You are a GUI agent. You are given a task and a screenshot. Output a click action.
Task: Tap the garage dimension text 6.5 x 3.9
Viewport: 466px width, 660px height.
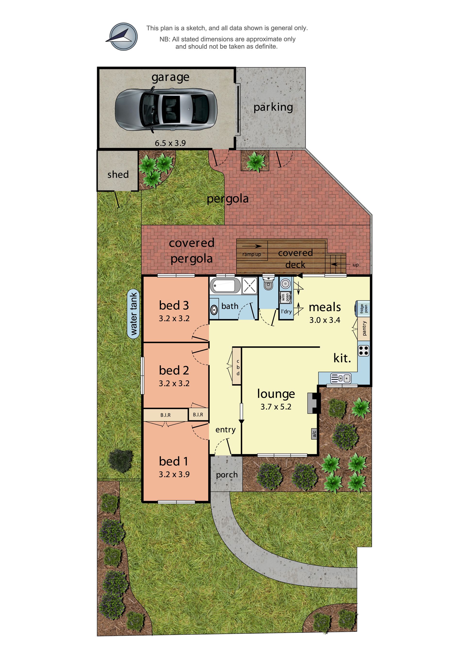point(170,143)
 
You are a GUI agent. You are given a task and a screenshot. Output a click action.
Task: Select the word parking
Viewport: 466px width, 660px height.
point(273,107)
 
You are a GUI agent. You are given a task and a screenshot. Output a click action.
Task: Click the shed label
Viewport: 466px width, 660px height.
point(118,174)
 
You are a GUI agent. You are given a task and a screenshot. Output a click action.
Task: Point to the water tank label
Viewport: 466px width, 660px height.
point(133,314)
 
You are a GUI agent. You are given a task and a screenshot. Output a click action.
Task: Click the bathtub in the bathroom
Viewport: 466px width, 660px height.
point(225,286)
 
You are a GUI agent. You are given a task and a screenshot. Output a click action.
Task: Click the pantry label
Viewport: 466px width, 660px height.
point(364,329)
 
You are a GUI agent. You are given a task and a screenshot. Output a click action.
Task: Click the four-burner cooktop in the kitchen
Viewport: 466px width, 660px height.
point(364,351)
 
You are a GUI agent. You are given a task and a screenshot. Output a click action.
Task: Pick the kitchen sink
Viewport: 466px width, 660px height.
point(341,378)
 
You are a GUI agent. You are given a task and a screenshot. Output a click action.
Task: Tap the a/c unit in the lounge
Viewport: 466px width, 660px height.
point(314,434)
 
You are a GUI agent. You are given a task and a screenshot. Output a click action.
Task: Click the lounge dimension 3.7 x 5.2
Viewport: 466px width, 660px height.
point(276,407)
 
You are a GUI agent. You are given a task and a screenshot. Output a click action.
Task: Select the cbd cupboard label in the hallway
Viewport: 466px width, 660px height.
point(238,367)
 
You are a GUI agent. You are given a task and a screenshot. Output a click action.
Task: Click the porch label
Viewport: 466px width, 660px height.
point(227,475)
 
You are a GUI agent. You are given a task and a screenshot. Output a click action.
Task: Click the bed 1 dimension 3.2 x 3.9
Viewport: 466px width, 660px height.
point(174,474)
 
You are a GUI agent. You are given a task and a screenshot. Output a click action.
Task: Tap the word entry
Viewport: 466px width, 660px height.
point(225,430)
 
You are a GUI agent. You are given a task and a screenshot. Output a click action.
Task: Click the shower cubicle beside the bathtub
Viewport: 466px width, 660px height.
point(249,286)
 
